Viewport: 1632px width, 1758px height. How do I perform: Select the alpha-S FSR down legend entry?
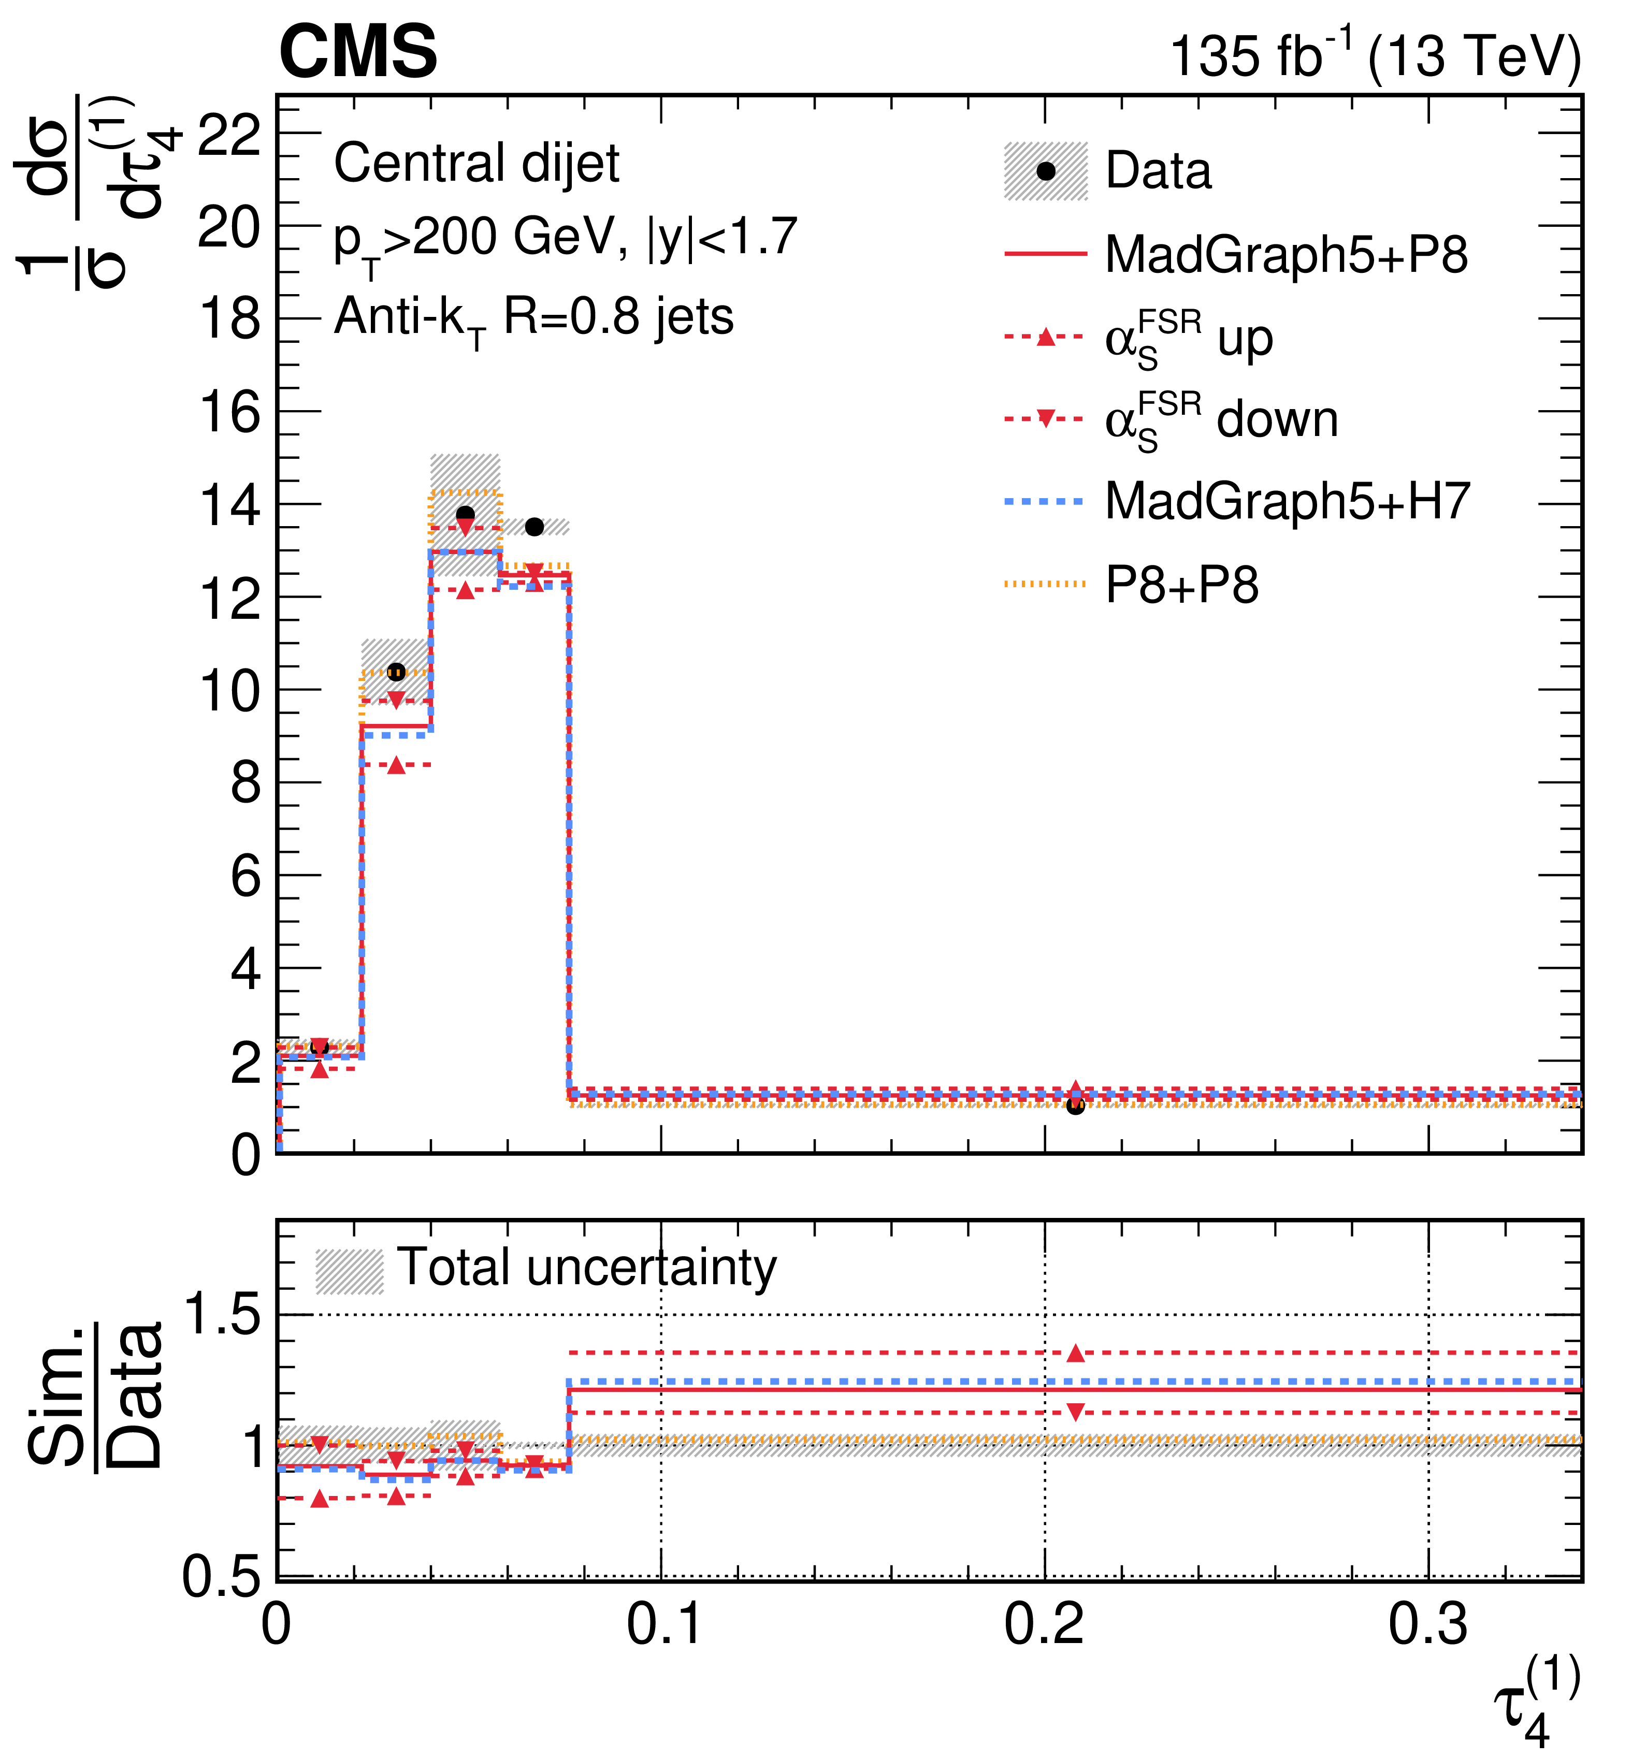[x=1171, y=420]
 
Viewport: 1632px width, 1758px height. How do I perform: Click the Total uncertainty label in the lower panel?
[x=587, y=1268]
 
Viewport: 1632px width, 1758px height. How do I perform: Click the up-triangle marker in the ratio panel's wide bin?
[x=1075, y=1353]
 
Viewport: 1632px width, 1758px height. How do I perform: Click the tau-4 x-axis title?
[x=1537, y=1703]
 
